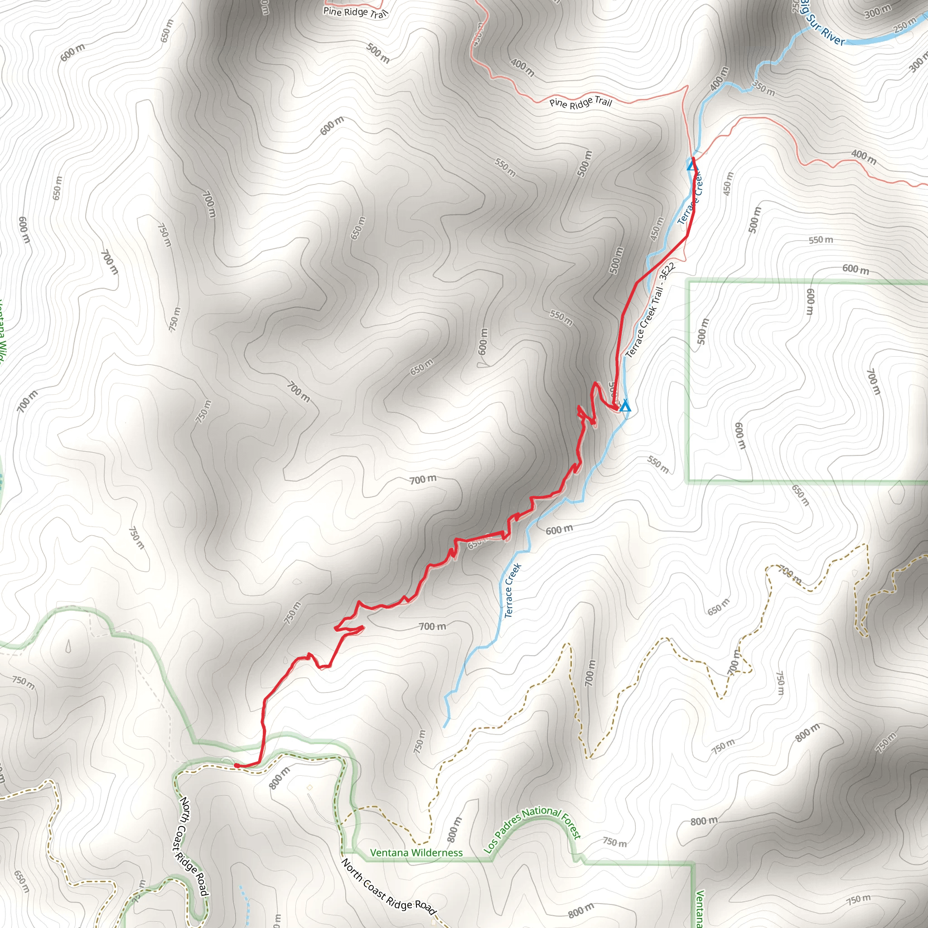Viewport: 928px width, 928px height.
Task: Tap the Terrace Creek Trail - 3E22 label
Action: coord(651,310)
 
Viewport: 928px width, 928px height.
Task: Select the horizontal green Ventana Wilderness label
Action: coord(416,853)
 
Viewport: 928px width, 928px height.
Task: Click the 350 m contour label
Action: coord(764,89)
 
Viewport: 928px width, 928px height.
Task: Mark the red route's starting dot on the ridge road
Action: coord(237,765)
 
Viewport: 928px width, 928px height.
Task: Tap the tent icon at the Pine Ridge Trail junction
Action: coord(691,166)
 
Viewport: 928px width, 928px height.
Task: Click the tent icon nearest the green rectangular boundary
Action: coord(625,407)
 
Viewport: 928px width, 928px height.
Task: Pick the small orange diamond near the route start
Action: coord(310,787)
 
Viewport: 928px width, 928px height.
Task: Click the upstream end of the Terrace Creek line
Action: coord(445,727)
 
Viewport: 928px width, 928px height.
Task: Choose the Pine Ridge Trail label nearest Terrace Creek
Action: coord(581,102)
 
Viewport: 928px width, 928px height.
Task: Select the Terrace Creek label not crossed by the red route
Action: coord(512,591)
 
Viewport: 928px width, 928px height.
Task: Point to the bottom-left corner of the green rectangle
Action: coord(689,481)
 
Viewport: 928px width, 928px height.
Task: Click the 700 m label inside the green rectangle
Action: coord(874,382)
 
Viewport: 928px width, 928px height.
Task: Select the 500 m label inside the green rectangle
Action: coord(702,331)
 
